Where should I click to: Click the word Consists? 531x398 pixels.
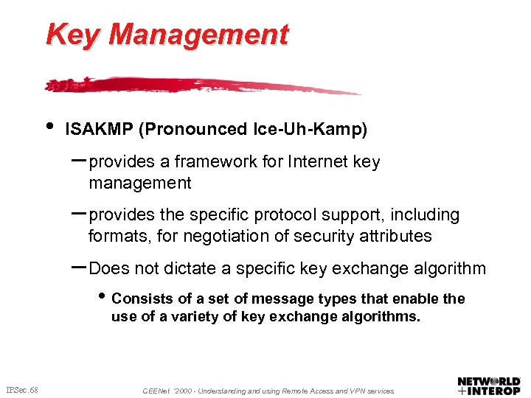pos(140,298)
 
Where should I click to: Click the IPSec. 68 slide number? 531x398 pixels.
pos(22,389)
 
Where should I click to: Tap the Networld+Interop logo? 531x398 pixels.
pos(489,386)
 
